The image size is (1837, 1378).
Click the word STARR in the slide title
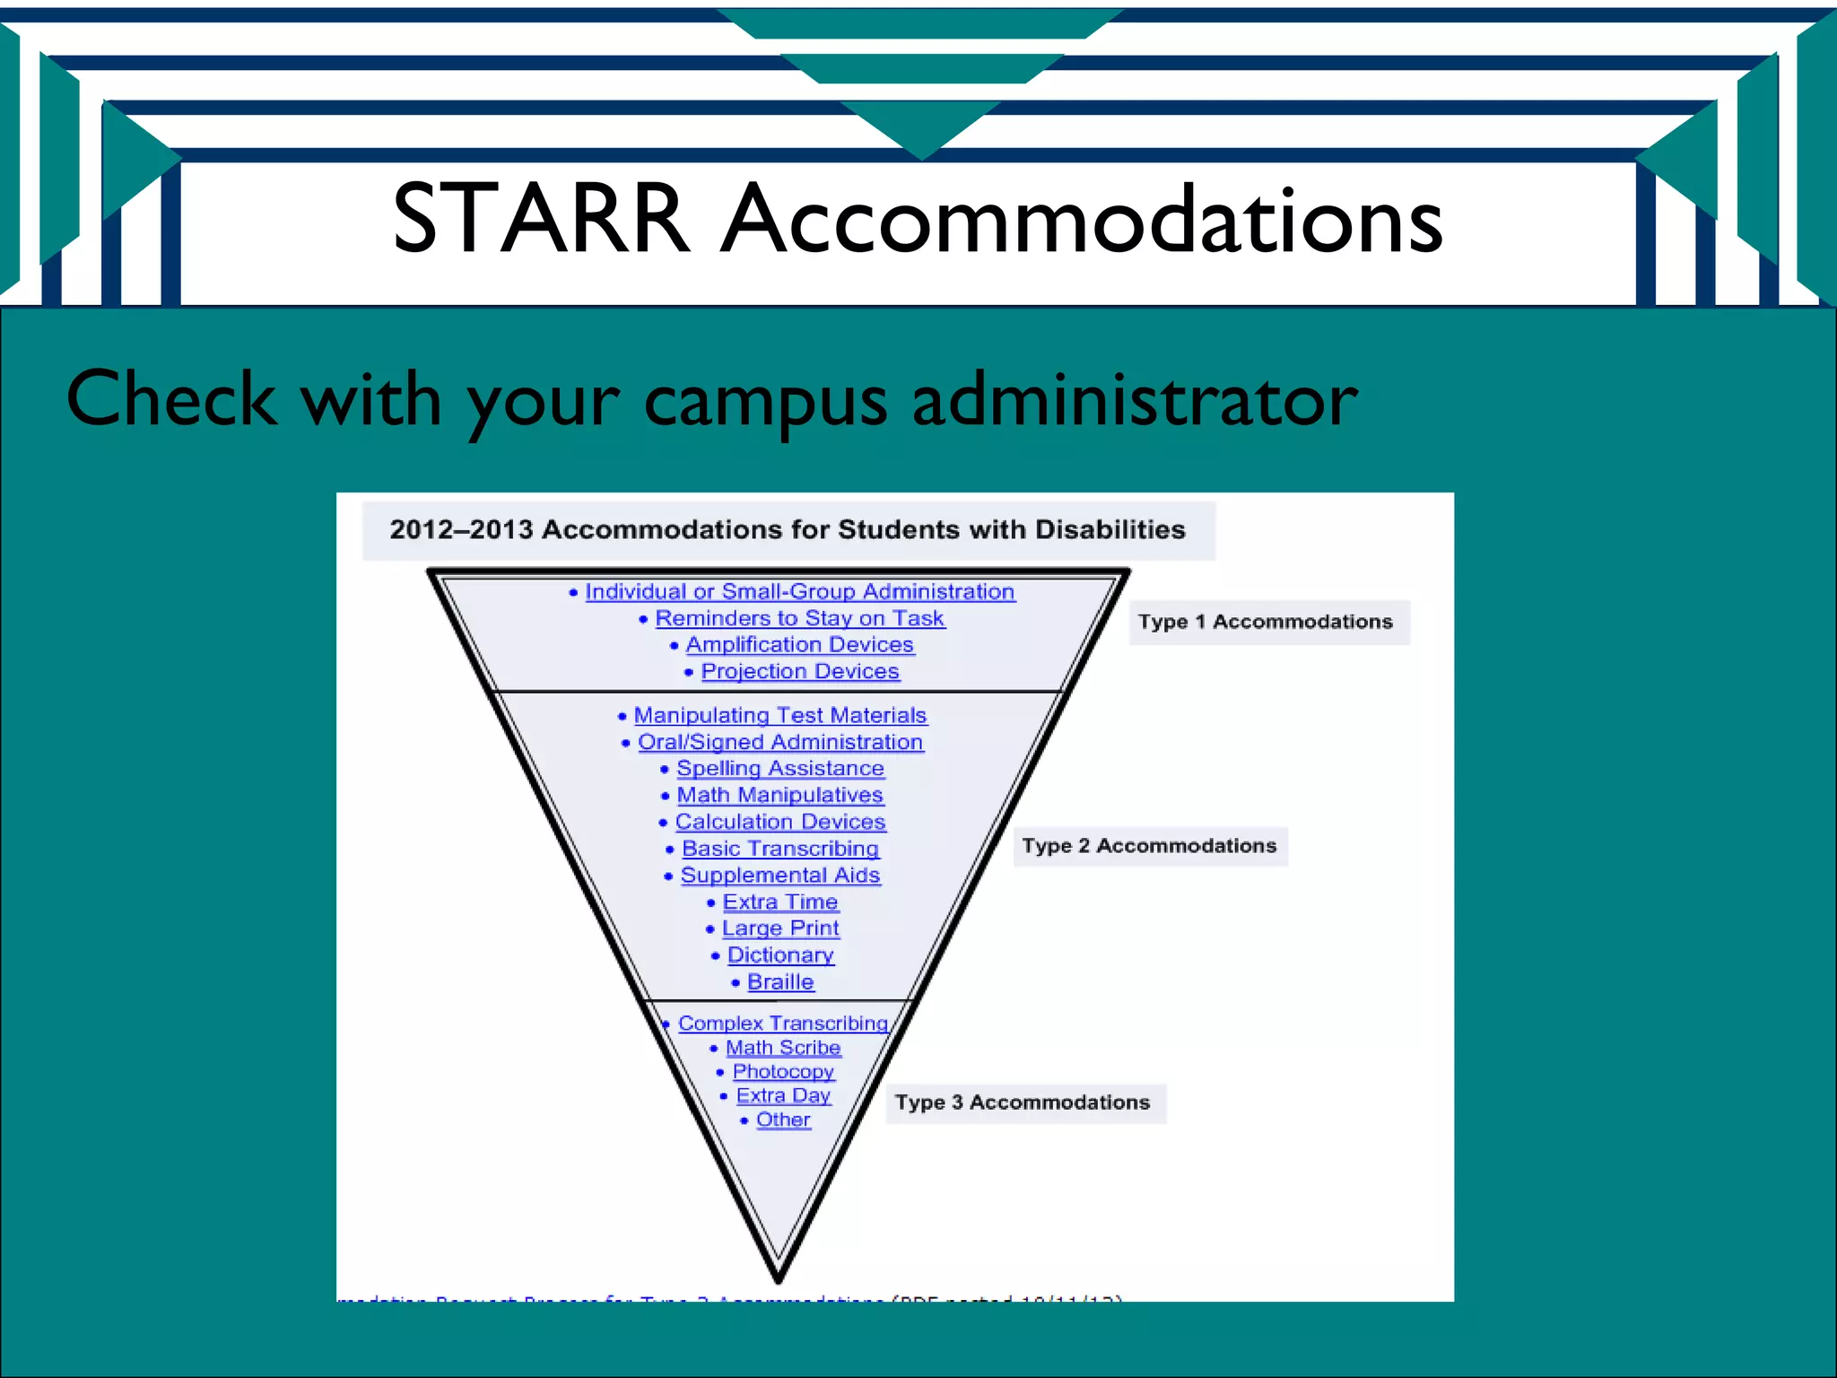pos(541,218)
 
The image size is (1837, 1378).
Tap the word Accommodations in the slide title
pos(1083,220)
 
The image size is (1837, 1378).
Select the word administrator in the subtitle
pos(1135,399)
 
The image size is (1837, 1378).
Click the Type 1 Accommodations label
pos(1265,622)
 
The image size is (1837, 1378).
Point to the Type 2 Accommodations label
pos(1149,846)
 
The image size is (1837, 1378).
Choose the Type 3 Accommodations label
pos(1023,1103)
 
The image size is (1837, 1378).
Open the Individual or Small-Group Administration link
pos(799,592)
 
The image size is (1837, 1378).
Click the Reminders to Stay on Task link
pos(799,618)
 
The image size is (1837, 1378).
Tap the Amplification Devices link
pos(799,645)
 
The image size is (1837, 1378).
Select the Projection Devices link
pos(800,671)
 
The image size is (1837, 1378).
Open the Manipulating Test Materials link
pos(780,715)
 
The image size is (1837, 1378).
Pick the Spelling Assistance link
pos(780,769)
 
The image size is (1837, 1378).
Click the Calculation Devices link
pos(780,822)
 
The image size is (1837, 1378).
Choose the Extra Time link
pos(780,902)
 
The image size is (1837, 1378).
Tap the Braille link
pos(780,982)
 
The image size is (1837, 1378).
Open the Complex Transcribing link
pos(783,1024)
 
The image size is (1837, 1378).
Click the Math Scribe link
pos(783,1048)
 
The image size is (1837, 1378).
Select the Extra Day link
pos(783,1095)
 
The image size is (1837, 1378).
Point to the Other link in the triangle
pos(783,1120)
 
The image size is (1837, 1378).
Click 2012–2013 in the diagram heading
pos(461,529)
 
